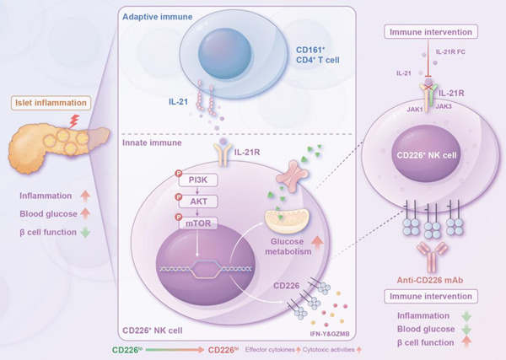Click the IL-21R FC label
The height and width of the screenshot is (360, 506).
click(448, 51)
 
